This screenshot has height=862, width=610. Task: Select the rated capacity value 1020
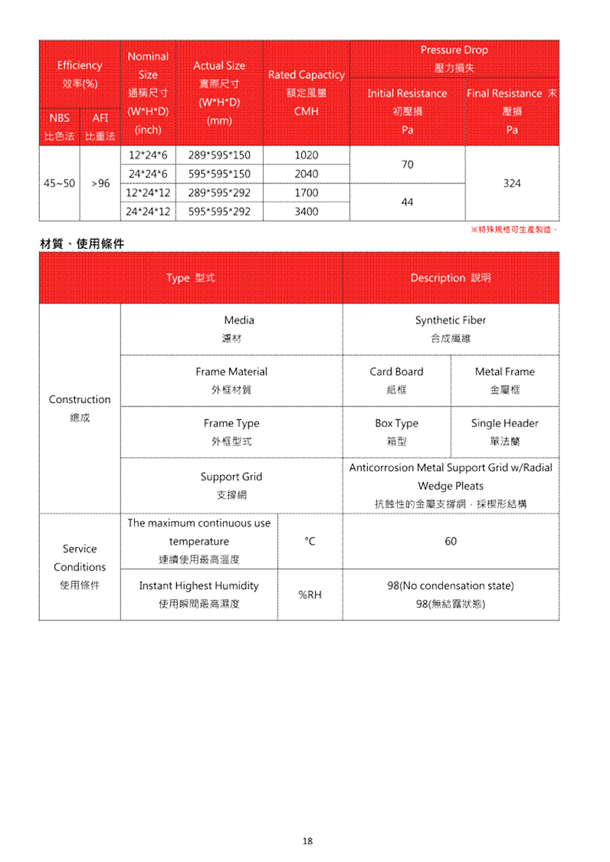point(307,155)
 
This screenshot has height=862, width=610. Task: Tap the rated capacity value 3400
point(307,211)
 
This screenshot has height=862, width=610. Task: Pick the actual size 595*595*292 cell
point(219,211)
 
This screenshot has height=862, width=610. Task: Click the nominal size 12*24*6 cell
point(148,155)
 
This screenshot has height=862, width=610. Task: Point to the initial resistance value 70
point(407,164)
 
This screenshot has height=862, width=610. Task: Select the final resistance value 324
point(512,183)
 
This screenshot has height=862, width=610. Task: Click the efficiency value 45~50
point(60,184)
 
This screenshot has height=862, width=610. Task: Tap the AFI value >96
point(100,184)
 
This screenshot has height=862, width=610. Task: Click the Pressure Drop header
point(454,58)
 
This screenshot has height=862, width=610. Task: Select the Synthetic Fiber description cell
point(451,329)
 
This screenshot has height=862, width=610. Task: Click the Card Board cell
point(396,380)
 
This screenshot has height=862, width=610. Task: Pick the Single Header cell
point(505,431)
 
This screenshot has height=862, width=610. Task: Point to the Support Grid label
point(231,485)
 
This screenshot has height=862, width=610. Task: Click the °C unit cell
point(310,542)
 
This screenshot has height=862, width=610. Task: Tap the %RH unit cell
point(310,594)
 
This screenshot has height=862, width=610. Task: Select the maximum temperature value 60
point(451,542)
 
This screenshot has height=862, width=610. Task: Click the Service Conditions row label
point(80,566)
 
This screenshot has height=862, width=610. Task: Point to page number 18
point(307,841)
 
